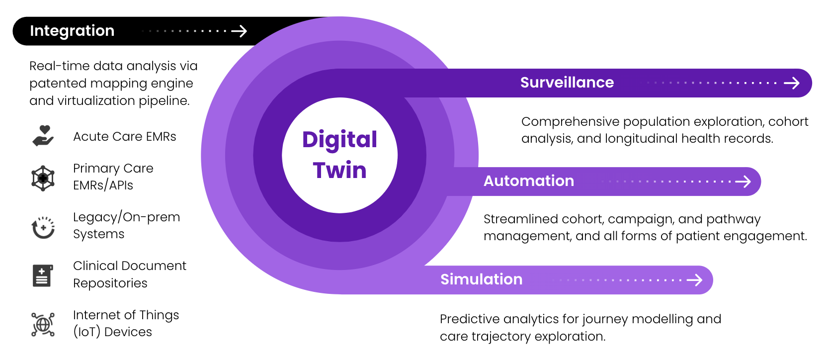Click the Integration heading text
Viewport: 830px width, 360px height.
coord(72,31)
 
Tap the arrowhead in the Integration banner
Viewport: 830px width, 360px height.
coord(240,31)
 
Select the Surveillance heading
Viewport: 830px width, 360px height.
coord(567,83)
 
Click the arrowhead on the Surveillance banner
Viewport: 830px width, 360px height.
coord(792,83)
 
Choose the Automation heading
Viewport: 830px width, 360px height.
coord(529,181)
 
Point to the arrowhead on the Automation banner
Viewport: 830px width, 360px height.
coord(744,181)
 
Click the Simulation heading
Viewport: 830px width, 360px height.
coord(481,279)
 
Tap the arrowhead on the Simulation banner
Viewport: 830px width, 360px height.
coord(695,280)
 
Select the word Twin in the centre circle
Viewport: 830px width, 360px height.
coord(340,170)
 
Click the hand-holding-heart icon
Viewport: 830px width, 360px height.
coord(43,136)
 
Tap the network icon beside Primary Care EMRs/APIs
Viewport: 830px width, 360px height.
coord(43,179)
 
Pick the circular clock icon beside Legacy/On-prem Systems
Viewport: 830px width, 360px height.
coord(43,227)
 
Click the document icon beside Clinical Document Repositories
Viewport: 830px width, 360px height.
coord(43,275)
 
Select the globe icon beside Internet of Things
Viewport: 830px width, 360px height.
coord(43,325)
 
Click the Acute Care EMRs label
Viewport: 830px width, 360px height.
coord(124,136)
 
